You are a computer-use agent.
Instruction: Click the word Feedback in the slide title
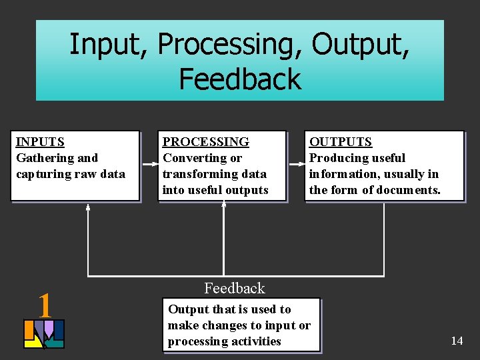(240, 79)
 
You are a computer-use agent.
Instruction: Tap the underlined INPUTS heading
(40, 142)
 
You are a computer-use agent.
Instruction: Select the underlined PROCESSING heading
(206, 142)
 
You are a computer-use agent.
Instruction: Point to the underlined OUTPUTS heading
(341, 142)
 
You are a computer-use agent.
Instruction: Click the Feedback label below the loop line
(234, 288)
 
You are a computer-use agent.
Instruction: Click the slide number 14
(457, 341)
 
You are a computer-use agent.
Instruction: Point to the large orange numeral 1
(45, 305)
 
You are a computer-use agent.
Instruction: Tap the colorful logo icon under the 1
(44, 334)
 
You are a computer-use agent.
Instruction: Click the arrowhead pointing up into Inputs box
(88, 207)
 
